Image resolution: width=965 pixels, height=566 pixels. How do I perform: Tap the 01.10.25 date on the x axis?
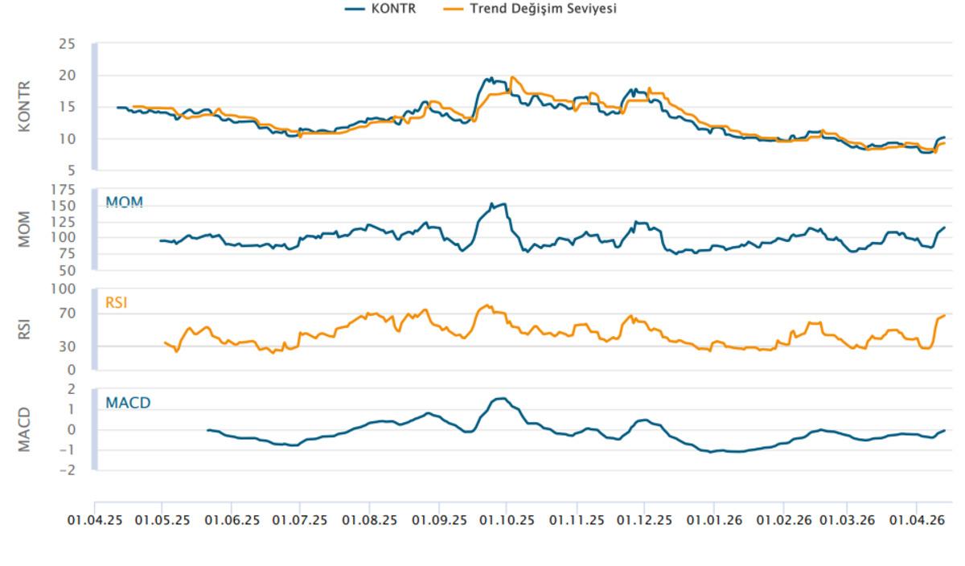[507, 520]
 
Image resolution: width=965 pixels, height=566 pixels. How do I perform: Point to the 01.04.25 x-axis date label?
[95, 520]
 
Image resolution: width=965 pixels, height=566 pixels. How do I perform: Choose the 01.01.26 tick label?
[713, 520]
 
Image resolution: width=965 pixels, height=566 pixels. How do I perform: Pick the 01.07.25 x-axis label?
[300, 520]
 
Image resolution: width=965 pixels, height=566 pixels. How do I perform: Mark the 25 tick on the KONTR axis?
[67, 43]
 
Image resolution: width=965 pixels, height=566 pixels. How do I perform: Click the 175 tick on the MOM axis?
[64, 190]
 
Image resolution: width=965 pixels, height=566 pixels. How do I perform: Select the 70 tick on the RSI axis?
[67, 314]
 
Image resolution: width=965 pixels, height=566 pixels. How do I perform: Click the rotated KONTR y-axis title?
[24, 105]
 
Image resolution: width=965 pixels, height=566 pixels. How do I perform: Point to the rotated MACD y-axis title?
[24, 429]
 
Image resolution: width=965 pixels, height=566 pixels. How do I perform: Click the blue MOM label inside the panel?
[124, 201]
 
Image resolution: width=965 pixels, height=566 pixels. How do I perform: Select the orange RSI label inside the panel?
[117, 303]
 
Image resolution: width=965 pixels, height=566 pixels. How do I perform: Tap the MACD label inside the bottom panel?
[128, 402]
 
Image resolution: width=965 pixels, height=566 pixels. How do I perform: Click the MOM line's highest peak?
[503, 203]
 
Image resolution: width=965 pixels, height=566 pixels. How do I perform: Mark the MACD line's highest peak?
[502, 398]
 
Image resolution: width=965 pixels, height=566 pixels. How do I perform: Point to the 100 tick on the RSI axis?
[64, 289]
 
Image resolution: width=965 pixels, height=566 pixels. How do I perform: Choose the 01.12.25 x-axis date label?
[645, 520]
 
